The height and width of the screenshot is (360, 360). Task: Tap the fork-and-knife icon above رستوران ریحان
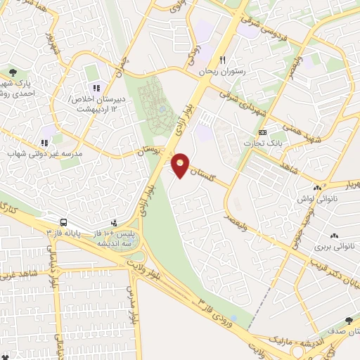[223, 60]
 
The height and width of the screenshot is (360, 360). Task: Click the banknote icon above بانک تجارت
[262, 132]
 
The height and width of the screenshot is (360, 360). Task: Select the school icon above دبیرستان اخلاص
[96, 88]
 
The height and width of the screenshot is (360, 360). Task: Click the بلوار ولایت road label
[161, 270]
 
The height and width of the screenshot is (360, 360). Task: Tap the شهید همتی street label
[290, 130]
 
